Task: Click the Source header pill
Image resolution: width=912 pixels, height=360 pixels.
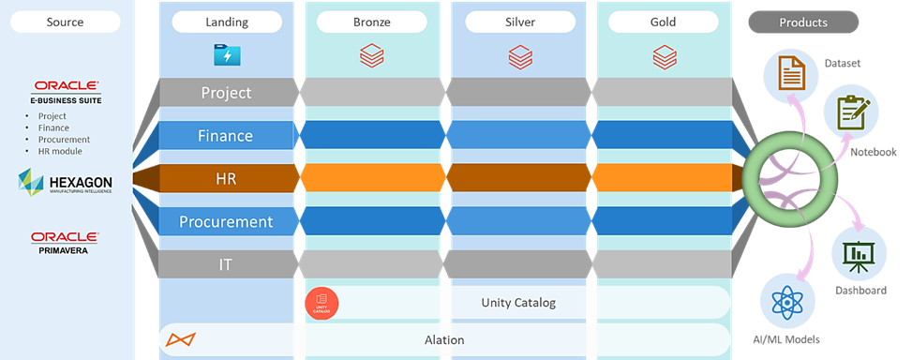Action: pyautogui.click(x=65, y=22)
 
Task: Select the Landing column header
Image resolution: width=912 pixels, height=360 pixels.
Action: pyautogui.click(x=225, y=22)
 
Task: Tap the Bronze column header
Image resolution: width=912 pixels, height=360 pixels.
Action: pyautogui.click(x=372, y=22)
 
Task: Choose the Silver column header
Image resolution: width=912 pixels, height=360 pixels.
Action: pyautogui.click(x=518, y=22)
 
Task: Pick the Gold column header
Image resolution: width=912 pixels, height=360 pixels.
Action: pyautogui.click(x=664, y=22)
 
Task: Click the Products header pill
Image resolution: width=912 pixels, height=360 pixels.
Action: pyautogui.click(x=802, y=22)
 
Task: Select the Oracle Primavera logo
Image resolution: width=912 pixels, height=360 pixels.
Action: pyautogui.click(x=66, y=242)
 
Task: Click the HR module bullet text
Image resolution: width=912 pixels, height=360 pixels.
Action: pyautogui.click(x=60, y=151)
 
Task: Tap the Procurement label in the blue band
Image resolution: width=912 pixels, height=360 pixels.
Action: pyautogui.click(x=225, y=221)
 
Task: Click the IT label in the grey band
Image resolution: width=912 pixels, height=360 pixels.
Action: pyautogui.click(x=225, y=264)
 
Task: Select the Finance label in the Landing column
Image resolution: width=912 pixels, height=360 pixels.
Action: pyautogui.click(x=225, y=136)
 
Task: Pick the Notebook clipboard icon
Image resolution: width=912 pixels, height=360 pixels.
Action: pyautogui.click(x=850, y=112)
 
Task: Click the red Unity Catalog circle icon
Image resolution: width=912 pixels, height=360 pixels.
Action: pyautogui.click(x=321, y=302)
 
